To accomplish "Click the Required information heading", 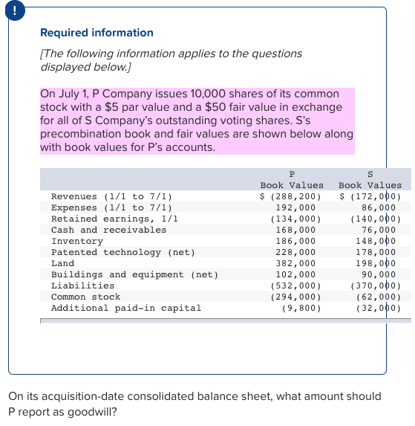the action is coord(97,33).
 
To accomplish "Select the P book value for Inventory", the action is coord(295,241).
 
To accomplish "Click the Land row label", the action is coord(62,263).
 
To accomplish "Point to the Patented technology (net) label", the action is coord(122,252).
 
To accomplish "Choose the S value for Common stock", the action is coord(378,297).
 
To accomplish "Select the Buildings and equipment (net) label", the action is coord(134,274).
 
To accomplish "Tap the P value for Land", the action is coord(295,263).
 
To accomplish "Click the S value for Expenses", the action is coord(381,207).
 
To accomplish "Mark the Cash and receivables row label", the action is coord(108,230).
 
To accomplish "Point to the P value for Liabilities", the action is coord(293,285).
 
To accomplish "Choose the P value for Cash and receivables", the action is coord(295,230).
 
